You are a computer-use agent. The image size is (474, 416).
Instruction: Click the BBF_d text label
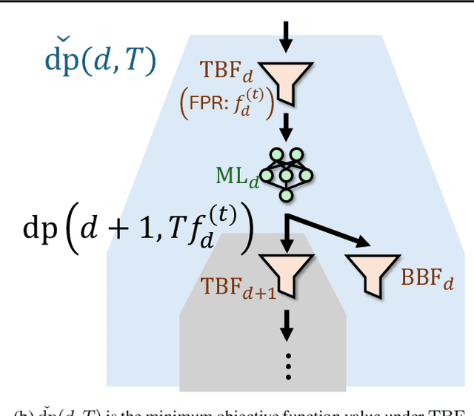[427, 280]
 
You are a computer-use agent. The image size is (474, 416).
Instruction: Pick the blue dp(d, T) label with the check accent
[99, 62]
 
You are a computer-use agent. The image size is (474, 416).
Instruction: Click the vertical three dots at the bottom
[287, 366]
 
